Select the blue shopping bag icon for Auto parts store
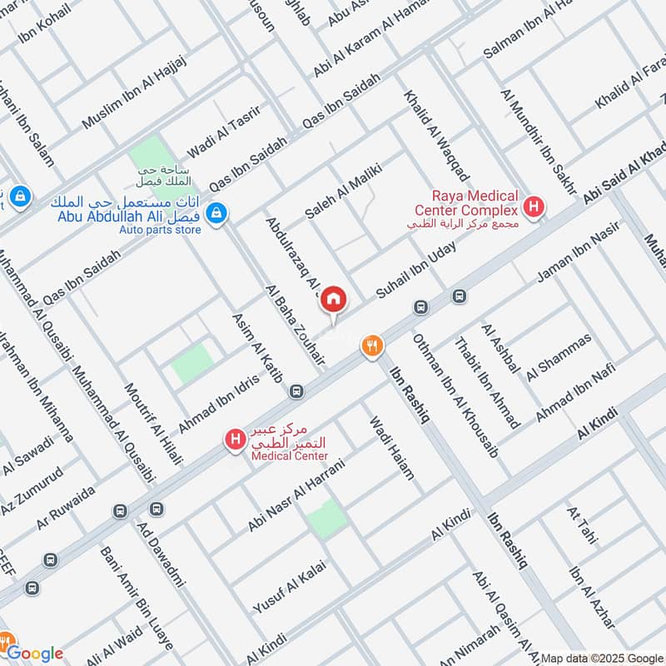[x=216, y=213]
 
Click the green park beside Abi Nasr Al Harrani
[x=326, y=519]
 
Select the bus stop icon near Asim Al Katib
[x=296, y=390]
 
